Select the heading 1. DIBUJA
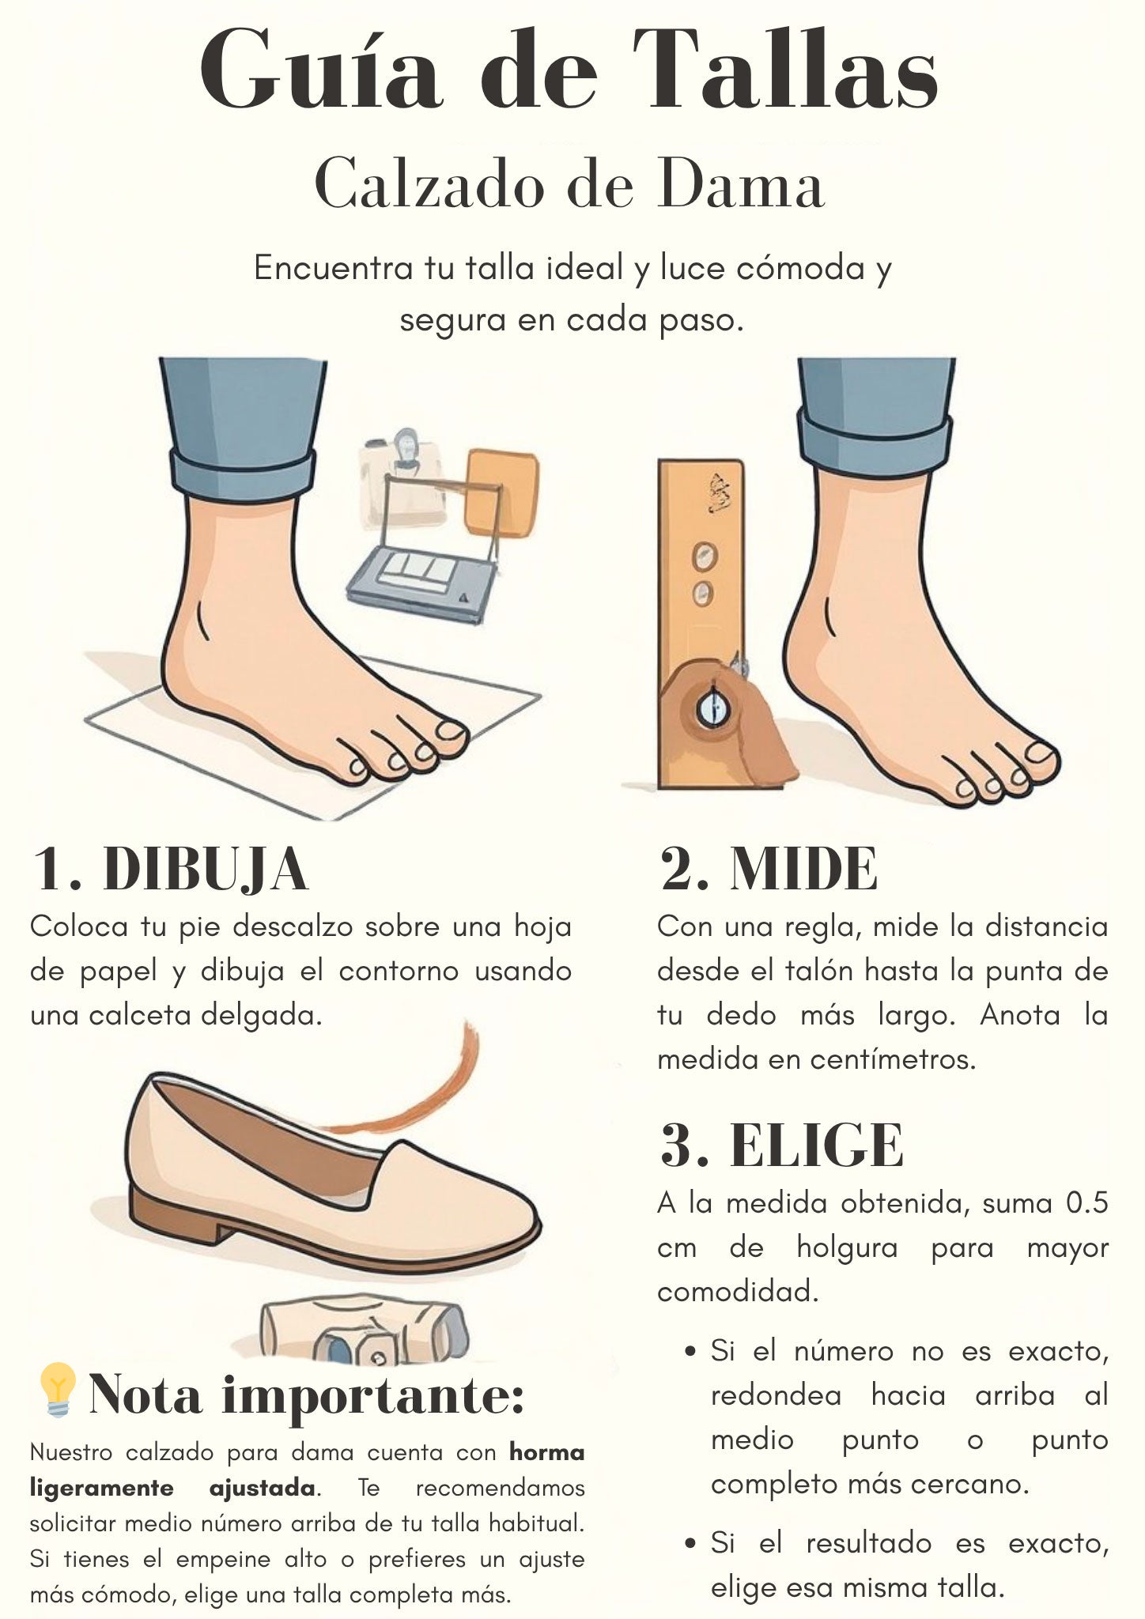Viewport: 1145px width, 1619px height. pyautogui.click(x=170, y=870)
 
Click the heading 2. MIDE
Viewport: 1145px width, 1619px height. pyautogui.click(x=768, y=870)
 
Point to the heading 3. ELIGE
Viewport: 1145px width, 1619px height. pyautogui.click(x=780, y=1145)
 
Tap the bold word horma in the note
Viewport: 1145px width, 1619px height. pyautogui.click(x=546, y=1452)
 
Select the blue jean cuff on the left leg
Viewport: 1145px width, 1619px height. pyautogui.click(x=243, y=474)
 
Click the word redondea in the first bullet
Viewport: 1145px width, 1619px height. pyautogui.click(x=776, y=1395)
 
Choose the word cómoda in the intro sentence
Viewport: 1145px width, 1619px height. pyautogui.click(x=800, y=269)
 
